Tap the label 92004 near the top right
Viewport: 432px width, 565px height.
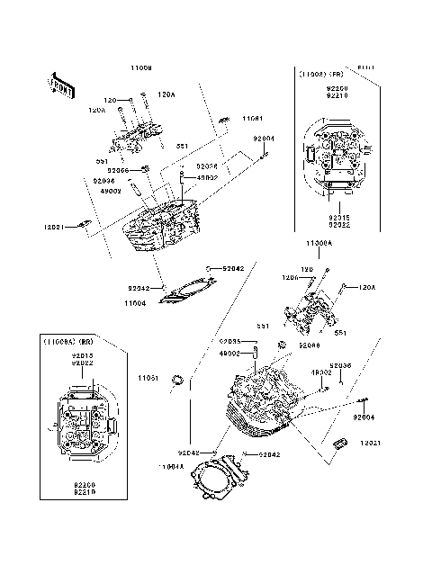(x=263, y=139)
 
